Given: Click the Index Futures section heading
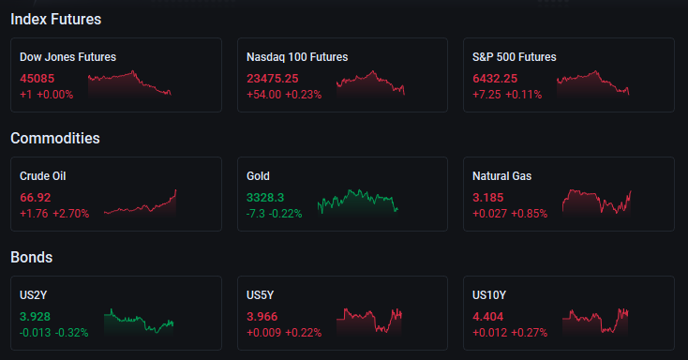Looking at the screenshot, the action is [55, 20].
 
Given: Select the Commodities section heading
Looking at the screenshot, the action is [55, 139].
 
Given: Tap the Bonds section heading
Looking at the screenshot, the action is [32, 257].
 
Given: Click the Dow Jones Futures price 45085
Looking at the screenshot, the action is [37, 79].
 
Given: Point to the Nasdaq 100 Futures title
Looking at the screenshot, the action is [297, 57].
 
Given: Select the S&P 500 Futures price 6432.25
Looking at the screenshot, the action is [495, 79].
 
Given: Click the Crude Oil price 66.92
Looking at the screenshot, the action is [35, 198].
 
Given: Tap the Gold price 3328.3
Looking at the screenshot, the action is [265, 198].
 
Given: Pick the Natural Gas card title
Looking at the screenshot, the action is [502, 176].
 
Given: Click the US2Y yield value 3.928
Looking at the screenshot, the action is [35, 317].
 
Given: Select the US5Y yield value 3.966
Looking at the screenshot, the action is [262, 317].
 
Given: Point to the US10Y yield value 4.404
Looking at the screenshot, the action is [488, 317].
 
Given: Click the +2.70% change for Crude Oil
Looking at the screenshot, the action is [71, 214].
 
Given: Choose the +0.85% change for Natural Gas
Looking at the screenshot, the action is [530, 214].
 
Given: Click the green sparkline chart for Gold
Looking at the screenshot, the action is [358, 202].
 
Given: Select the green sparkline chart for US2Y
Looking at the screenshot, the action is [139, 322].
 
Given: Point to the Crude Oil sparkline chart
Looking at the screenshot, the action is [140, 202].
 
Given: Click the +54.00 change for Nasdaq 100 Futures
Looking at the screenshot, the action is [263, 95].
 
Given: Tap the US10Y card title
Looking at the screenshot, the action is [489, 295].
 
